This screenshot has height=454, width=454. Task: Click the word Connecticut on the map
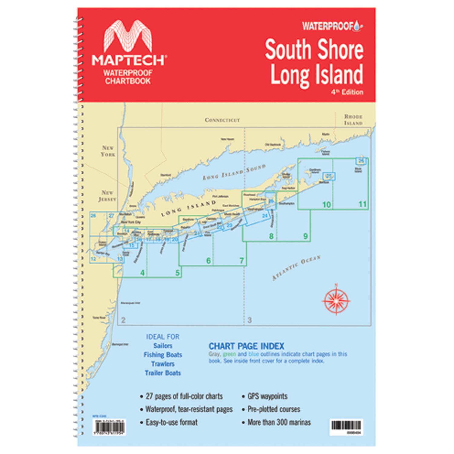222,120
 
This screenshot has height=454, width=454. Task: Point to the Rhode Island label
353,120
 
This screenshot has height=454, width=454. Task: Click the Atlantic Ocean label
296,268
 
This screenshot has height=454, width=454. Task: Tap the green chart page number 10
326,205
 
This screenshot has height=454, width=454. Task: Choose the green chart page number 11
363,204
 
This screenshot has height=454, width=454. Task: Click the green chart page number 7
242,261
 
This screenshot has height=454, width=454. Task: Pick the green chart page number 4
142,273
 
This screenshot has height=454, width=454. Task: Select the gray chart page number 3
249,320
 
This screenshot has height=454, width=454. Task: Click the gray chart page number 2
123,320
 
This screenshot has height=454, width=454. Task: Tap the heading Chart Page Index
246,346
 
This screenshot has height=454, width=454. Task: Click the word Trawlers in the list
163,364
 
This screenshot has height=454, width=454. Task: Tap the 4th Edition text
349,92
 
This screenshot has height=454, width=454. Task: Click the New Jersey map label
107,196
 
